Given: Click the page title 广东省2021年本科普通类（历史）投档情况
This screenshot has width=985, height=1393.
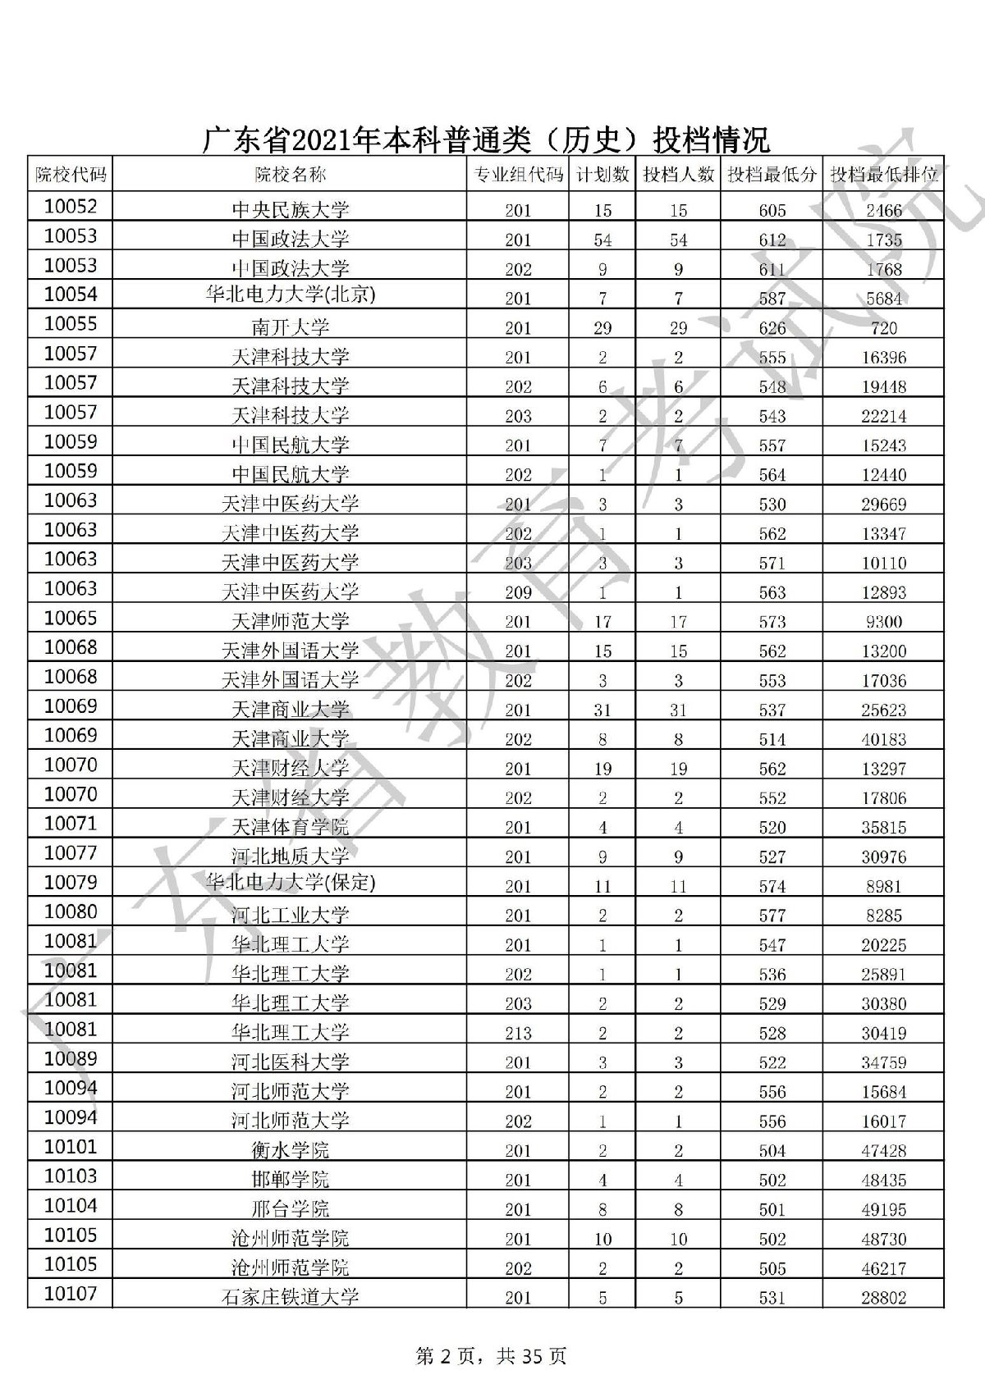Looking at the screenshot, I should point(486,139).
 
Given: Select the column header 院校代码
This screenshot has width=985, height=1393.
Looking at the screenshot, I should point(71,174).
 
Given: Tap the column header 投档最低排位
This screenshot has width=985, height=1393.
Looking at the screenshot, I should point(884,174).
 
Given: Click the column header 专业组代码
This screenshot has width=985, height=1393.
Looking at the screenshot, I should point(518,174).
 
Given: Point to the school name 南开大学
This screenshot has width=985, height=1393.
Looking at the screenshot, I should point(290,327).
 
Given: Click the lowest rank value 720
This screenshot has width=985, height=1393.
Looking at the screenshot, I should point(883,328).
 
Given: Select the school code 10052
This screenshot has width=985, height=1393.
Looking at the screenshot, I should point(71,207).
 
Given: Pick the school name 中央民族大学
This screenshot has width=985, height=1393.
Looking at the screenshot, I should point(290,210).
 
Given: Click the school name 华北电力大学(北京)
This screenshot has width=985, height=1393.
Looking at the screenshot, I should point(290,295).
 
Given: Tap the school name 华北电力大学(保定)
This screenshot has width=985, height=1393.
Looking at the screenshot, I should point(290,883).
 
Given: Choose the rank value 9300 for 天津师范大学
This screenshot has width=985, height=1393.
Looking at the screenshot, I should point(883,622).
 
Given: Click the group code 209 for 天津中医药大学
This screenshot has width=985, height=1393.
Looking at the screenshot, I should point(518,592).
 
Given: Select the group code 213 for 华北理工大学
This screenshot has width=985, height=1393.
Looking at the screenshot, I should point(518,1033).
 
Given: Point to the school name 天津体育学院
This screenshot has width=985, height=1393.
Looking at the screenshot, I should point(290,826).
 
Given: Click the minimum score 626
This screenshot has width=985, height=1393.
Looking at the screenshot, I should point(772,328).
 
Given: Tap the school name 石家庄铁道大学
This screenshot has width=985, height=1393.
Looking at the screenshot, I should point(290,1297).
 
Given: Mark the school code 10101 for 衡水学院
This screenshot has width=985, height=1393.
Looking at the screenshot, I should point(71,1147).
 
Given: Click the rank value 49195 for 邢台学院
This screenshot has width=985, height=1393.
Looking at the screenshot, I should point(883,1209).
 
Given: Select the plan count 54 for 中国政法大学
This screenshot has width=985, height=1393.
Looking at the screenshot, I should point(602,240).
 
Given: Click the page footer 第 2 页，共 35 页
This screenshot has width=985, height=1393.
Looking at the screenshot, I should point(492,1357).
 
